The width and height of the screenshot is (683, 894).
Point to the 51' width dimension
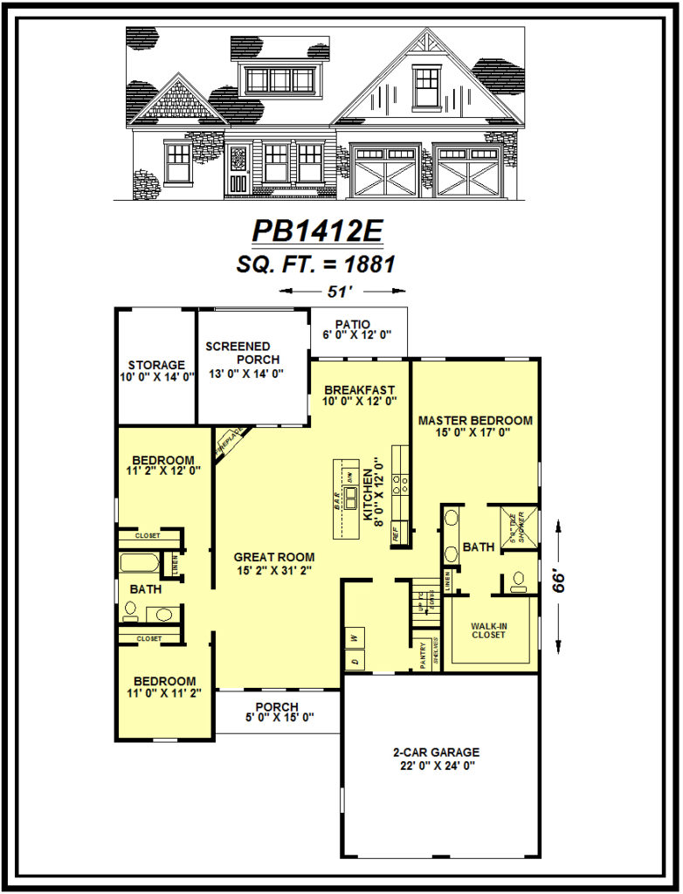[x=331, y=292]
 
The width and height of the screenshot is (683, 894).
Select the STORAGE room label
[x=156, y=365]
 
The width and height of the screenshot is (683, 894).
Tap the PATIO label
[x=358, y=325]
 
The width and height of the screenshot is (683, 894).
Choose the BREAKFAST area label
[x=359, y=389]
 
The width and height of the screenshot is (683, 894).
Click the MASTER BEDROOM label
[x=475, y=421]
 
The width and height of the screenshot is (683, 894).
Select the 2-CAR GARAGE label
[x=436, y=752]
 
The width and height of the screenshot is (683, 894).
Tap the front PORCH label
[x=277, y=706]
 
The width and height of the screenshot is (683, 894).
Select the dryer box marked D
[x=355, y=661]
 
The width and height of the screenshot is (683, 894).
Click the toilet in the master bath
[x=517, y=578]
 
